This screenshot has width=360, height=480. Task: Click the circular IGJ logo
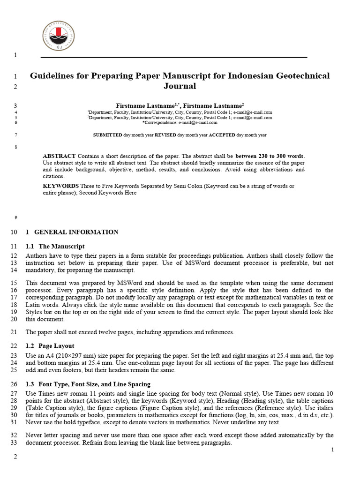tap(58, 36)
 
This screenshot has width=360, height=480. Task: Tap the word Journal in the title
tap(180, 86)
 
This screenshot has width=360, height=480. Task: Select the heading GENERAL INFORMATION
tap(76, 232)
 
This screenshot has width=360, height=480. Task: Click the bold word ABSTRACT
tap(59, 156)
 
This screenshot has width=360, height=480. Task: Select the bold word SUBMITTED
tap(107, 135)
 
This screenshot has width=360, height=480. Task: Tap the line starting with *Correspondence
tap(180, 123)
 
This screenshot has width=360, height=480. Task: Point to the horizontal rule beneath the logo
tap(173, 57)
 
